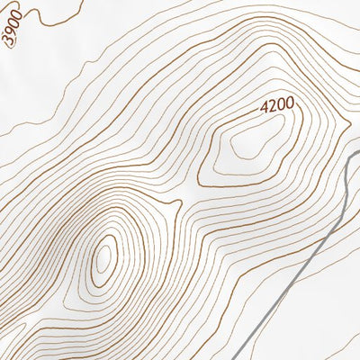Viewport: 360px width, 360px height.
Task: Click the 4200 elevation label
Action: tap(277, 105)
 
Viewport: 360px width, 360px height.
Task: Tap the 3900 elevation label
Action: tap(12, 34)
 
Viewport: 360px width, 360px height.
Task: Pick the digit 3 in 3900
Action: tap(6, 43)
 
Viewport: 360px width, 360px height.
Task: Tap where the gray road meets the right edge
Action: tap(359, 152)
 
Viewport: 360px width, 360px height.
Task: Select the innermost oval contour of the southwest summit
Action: tap(105, 255)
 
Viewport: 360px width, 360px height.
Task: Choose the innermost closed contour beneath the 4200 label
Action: tap(245, 144)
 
